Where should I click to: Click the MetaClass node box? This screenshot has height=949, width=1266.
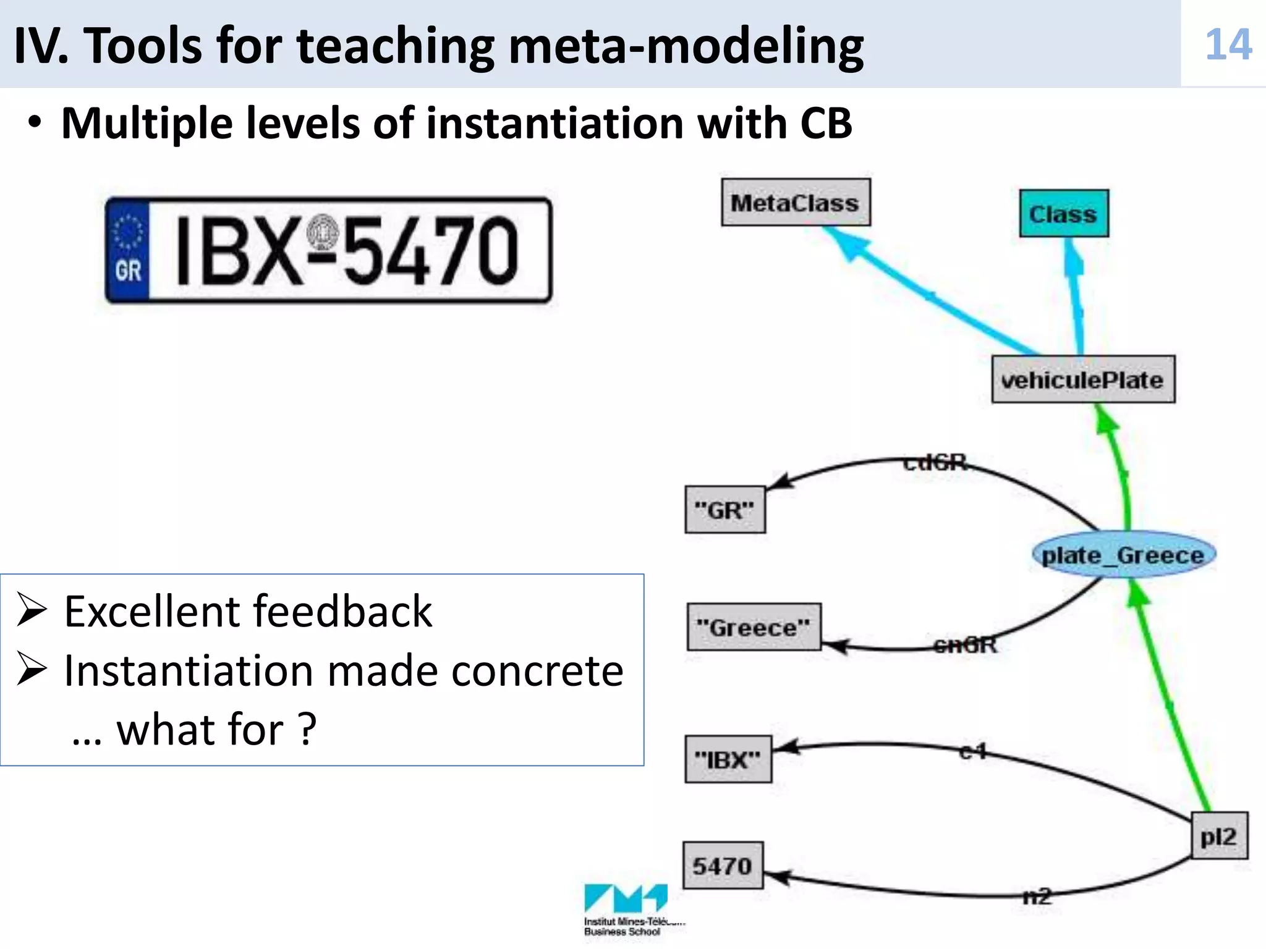796,203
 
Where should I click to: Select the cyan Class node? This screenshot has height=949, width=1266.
1063,214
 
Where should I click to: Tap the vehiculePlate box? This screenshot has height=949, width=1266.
1082,379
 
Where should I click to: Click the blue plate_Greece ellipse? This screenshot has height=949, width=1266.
1123,555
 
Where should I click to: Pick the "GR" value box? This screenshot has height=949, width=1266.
724,510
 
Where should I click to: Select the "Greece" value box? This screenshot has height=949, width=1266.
754,627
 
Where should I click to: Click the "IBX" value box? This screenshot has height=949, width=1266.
728,759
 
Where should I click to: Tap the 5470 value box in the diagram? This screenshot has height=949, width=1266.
722,866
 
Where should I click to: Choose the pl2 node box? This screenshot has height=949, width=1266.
1218,837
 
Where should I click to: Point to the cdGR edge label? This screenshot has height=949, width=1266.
935,462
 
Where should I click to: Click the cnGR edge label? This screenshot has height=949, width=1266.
966,645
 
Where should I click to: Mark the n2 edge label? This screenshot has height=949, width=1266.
1037,896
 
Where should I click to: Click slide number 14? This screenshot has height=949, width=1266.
1228,44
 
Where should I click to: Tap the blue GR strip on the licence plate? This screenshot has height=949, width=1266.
128,250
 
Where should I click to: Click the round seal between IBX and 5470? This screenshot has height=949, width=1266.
323,234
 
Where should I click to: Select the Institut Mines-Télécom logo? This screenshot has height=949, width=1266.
626,908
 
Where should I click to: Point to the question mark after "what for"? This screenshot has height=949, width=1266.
307,730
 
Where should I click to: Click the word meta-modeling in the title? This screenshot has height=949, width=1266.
686,47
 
